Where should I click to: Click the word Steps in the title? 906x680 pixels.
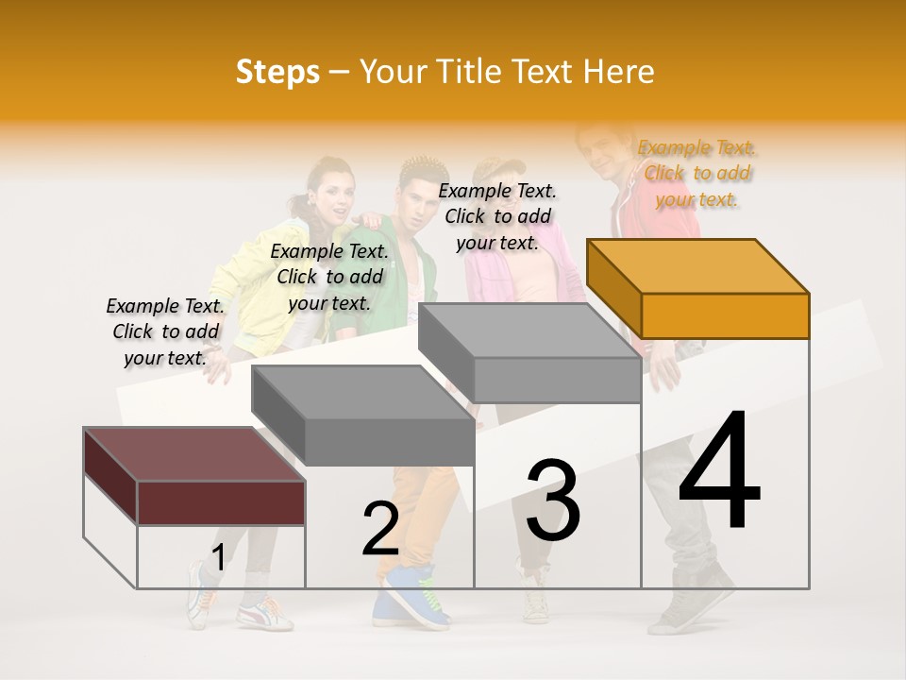point(277,72)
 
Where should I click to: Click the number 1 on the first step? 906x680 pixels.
point(218,558)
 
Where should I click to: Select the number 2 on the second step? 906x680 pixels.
point(380,528)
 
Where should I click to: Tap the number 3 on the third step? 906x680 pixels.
point(553,500)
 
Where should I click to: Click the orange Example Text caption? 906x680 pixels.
point(696,173)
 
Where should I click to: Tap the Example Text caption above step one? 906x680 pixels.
point(165,331)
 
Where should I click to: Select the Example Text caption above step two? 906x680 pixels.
point(329,277)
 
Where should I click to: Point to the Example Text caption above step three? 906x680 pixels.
point(497,216)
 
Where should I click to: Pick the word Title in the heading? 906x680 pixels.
point(467,72)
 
